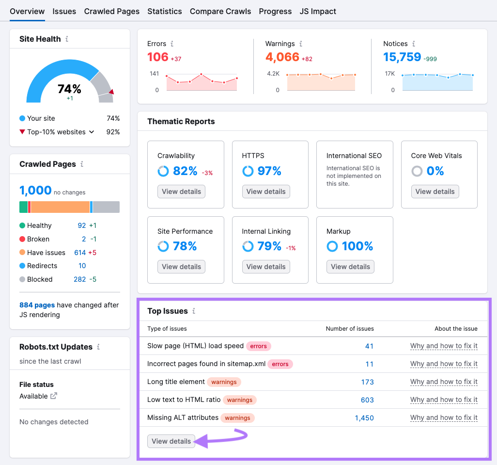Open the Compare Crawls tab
point(220,11)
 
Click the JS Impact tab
point(318,11)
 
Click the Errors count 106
point(158,57)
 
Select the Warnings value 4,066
point(282,57)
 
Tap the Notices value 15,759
point(402,57)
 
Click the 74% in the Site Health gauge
point(69,89)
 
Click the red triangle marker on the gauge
point(111,92)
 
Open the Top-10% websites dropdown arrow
point(92,132)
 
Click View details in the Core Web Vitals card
point(435,192)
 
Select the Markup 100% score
point(357,246)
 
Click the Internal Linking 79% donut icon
point(248,246)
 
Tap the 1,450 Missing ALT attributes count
point(364,417)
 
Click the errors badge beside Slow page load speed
point(259,346)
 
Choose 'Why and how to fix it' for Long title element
point(444,382)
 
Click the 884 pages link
point(37,305)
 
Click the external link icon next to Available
point(54,396)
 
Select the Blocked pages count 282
point(79,279)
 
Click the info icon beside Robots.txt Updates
point(98,347)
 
